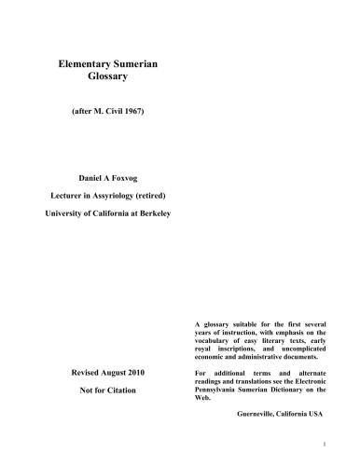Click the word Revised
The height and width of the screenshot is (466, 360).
(x=90, y=373)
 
